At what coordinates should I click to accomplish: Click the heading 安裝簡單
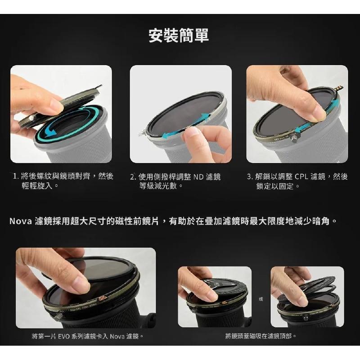179,36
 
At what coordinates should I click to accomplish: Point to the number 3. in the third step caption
250,176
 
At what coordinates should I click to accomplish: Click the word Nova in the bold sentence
20,221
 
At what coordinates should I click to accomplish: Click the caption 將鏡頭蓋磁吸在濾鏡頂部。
261,336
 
